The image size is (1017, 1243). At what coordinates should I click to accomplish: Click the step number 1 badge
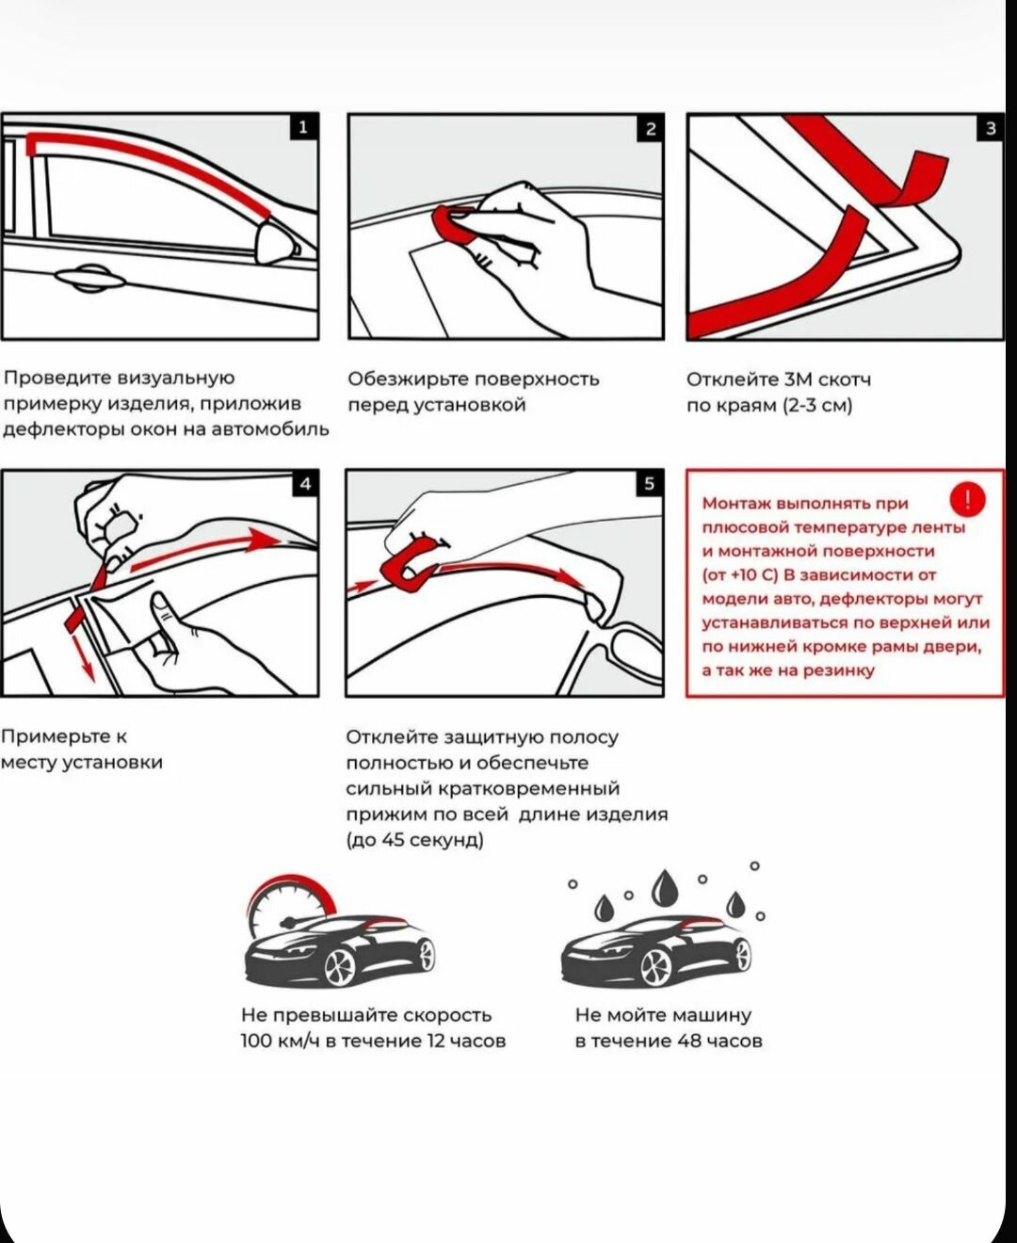(302, 127)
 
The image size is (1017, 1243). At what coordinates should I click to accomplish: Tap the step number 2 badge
(650, 129)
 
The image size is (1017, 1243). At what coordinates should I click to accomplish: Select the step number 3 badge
(990, 128)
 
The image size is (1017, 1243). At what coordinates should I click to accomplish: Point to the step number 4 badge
(305, 484)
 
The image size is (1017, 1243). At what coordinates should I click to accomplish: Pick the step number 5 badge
(649, 484)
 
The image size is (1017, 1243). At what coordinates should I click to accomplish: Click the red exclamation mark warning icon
(968, 500)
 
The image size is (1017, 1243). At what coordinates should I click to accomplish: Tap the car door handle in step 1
(90, 278)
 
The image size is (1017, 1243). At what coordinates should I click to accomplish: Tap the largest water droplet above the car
(667, 888)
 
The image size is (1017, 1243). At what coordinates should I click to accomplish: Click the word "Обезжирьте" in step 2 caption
(408, 379)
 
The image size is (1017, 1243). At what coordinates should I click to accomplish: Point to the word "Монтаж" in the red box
(737, 504)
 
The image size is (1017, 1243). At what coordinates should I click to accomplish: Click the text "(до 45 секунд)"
(414, 840)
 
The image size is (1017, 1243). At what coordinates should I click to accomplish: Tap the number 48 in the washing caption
(690, 1041)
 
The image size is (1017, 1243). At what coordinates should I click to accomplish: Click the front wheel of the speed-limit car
(339, 966)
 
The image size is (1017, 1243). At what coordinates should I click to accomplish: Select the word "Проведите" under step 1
(58, 379)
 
